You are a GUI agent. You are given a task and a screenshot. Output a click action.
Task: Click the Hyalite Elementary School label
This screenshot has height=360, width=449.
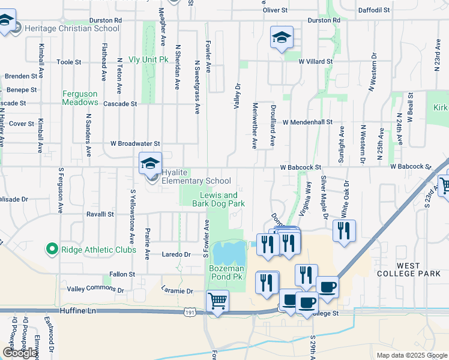click(x=196, y=181)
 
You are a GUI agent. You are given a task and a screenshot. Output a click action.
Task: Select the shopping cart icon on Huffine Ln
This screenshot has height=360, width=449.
click(x=217, y=301)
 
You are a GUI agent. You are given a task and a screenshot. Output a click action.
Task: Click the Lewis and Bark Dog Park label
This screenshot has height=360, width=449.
click(x=218, y=200)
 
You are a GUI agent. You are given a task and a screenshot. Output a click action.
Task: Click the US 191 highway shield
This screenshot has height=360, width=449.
click(x=189, y=313)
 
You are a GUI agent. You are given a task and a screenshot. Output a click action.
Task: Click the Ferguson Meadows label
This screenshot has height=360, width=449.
click(x=80, y=98)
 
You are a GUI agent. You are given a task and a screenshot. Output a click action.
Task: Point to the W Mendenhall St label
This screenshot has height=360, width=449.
click(x=307, y=122)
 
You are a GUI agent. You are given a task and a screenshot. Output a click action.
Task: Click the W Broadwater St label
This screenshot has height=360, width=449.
click(x=135, y=144)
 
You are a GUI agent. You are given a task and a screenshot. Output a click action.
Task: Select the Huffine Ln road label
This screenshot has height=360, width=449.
click(x=78, y=311)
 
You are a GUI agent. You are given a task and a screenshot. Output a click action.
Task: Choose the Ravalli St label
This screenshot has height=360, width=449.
click(x=100, y=214)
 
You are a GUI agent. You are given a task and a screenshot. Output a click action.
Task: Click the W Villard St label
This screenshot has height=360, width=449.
click(x=316, y=61)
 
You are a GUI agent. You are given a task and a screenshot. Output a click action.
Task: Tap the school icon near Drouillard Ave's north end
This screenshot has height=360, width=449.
click(x=281, y=38)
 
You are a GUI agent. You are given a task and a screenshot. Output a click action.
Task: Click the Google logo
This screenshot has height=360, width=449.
click(x=20, y=353)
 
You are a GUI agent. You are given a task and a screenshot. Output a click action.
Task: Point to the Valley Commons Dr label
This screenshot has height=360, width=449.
click(x=95, y=289)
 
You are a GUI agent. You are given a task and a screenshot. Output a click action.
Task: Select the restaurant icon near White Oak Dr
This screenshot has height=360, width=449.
click(x=344, y=231)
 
